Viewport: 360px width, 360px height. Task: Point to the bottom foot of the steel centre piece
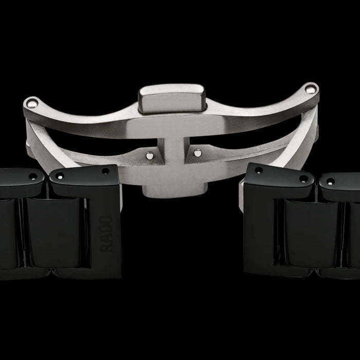click(x=173, y=190)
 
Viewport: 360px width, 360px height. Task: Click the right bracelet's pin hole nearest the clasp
click(x=258, y=170)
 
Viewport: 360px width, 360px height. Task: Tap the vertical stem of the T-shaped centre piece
click(x=173, y=154)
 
